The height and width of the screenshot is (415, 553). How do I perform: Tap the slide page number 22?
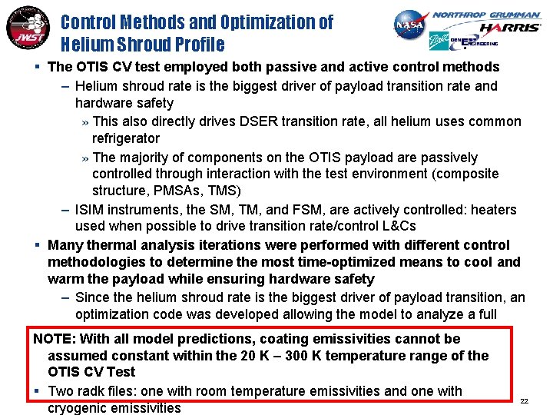(525, 401)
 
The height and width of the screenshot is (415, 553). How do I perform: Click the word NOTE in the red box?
(51, 338)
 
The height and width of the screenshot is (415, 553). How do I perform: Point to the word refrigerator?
(126, 138)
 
